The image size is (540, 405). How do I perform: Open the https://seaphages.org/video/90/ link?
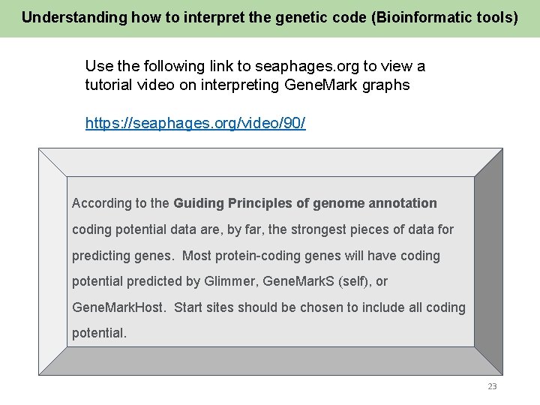195,123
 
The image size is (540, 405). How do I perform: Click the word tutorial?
109,85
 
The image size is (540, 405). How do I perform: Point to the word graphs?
385,85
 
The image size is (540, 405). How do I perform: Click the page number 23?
492,386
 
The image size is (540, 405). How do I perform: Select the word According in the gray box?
100,203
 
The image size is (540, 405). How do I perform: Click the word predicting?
100,256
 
